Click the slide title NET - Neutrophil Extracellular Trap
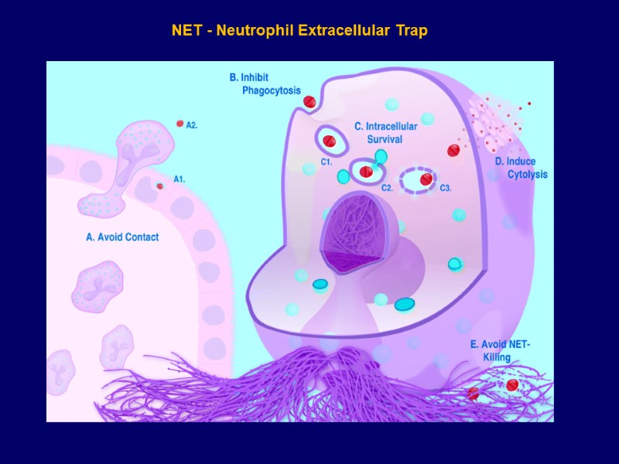[x=299, y=31]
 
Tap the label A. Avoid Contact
[x=121, y=237]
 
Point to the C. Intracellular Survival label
[x=385, y=132]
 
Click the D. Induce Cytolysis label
[x=522, y=168]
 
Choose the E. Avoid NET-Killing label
[x=501, y=350]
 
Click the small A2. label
[x=192, y=125]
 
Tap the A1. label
[x=179, y=179]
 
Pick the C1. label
[x=327, y=162]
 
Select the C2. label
[x=388, y=188]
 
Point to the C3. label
[x=446, y=188]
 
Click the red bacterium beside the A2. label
[x=180, y=123]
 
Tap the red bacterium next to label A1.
[x=160, y=186]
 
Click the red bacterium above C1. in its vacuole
[x=330, y=141]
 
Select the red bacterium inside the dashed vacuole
[x=426, y=179]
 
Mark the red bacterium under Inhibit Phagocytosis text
[x=309, y=101]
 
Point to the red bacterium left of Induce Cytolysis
[x=453, y=150]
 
